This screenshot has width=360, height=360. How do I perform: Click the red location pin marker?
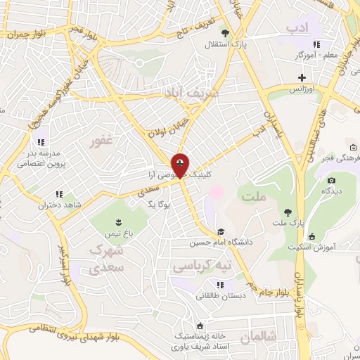(x=181, y=166)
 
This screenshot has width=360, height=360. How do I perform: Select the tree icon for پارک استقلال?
(x=224, y=32)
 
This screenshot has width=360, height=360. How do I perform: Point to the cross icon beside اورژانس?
(x=302, y=77)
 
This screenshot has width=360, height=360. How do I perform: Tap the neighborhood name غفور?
(x=101, y=143)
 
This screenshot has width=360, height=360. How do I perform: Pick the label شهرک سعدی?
(x=106, y=259)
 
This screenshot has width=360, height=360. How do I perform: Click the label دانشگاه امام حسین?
(x=220, y=243)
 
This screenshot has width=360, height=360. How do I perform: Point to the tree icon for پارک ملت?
(x=287, y=211)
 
